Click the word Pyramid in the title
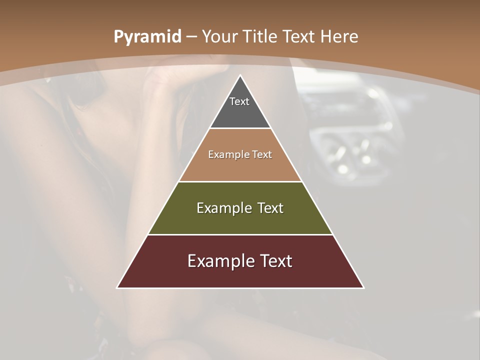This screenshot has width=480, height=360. pyautogui.click(x=147, y=37)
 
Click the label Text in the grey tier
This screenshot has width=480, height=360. pyautogui.click(x=239, y=101)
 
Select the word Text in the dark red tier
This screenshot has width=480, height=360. pyautogui.click(x=276, y=261)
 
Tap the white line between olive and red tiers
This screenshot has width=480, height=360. pyautogui.click(x=240, y=234)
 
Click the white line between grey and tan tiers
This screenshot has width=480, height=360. pyautogui.click(x=240, y=128)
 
